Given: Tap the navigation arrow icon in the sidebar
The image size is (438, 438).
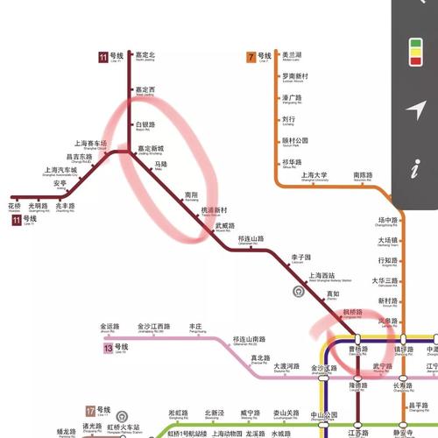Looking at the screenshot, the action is pyautogui.click(x=418, y=109).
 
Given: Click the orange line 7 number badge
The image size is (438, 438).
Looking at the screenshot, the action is pyautogui.click(x=252, y=57).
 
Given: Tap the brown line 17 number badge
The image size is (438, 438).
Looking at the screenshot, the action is pyautogui.click(x=91, y=410).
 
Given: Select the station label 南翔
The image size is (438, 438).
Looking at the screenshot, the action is pyautogui.click(x=193, y=194).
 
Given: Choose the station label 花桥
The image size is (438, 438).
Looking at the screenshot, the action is pyautogui.click(x=14, y=206).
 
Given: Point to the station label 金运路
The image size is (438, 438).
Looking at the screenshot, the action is pyautogui.click(x=109, y=325).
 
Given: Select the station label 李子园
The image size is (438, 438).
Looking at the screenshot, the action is pyautogui.click(x=301, y=258).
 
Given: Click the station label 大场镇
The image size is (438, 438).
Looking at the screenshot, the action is pyautogui.click(x=388, y=240).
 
